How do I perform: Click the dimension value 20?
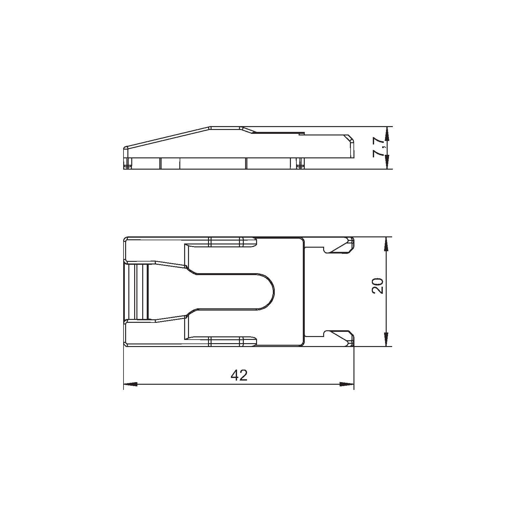(x=378, y=285)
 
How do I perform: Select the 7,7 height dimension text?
(x=378, y=148)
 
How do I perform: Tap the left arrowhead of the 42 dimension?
(x=131, y=384)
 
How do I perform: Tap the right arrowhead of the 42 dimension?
(x=347, y=384)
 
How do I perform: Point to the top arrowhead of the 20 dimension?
(x=387, y=244)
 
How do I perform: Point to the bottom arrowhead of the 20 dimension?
(x=387, y=340)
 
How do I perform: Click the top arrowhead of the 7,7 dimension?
(x=387, y=134)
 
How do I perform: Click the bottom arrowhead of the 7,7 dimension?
(x=387, y=162)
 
